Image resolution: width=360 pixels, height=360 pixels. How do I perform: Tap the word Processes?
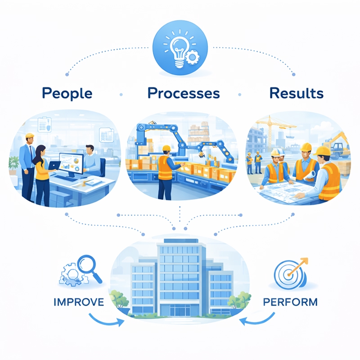coord(184,93)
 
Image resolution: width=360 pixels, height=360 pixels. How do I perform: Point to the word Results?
coord(296,93)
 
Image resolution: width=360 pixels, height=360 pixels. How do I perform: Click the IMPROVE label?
coord(78,301)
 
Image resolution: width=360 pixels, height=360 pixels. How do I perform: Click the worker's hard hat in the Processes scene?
coord(166,148)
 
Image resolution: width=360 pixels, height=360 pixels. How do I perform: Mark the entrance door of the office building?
coord(180,309)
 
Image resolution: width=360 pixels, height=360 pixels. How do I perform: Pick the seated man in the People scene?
coord(92,160)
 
